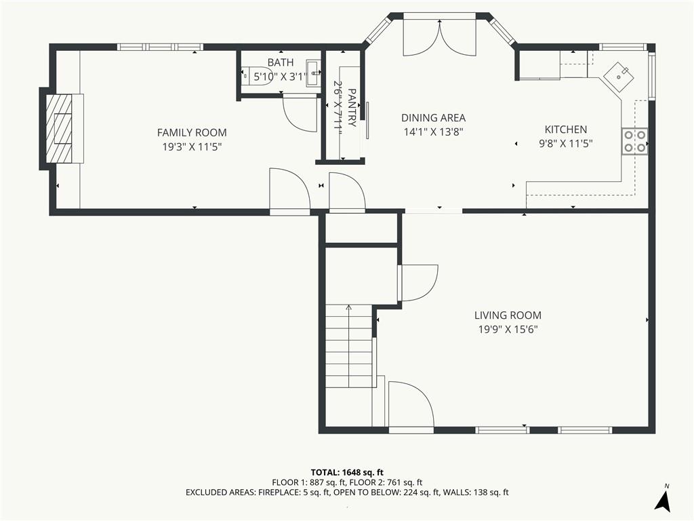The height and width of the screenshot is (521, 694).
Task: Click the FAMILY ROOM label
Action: [192, 132]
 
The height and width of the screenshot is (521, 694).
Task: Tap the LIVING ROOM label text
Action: [508, 315]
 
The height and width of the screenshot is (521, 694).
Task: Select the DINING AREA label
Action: [433, 118]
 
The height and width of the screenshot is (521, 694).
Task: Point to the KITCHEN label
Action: [566, 130]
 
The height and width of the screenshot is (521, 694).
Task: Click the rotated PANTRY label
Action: [352, 108]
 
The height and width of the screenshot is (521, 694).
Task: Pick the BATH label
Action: [281, 62]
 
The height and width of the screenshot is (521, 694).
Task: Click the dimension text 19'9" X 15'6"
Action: [508, 330]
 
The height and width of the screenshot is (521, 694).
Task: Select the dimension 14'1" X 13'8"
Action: [433, 132]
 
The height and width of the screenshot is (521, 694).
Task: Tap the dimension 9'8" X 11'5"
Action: [566, 144]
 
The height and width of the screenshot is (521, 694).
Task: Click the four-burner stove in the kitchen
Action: [634, 141]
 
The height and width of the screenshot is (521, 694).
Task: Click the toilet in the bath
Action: [257, 75]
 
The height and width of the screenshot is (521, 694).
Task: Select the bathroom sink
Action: [314, 72]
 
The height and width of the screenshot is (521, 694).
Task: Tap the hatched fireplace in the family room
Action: [60, 128]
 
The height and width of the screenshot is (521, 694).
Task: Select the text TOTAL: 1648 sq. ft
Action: [347, 472]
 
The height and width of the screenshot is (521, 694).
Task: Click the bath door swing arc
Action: [300, 114]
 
